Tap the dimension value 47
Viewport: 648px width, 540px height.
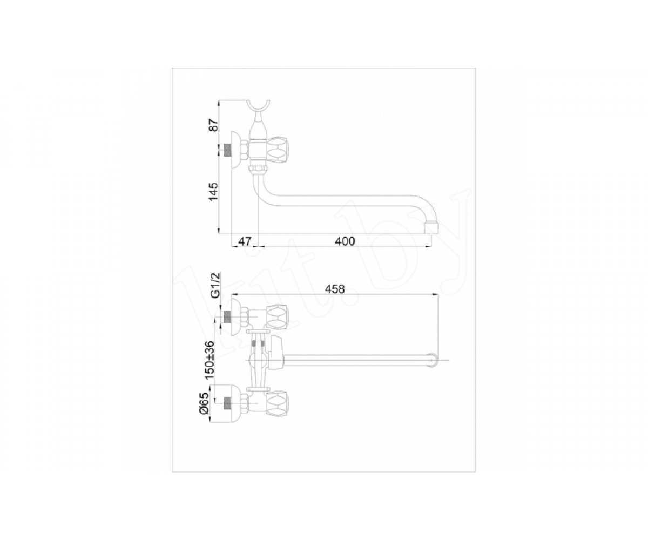(x=245, y=241)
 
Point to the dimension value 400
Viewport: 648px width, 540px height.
(x=345, y=241)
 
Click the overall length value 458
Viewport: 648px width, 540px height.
(x=335, y=289)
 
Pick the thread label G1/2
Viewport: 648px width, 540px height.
(x=215, y=286)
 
